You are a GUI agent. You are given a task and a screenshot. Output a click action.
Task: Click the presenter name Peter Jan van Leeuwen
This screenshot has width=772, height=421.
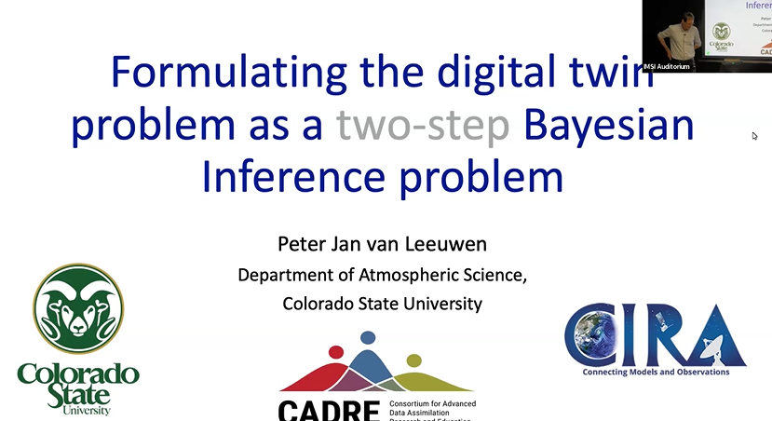pyautogui.click(x=383, y=245)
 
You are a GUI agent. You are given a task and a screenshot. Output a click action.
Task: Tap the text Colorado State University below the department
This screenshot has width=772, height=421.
pyautogui.click(x=383, y=303)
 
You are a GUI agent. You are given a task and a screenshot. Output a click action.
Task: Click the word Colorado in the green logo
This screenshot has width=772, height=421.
pyautogui.click(x=78, y=374)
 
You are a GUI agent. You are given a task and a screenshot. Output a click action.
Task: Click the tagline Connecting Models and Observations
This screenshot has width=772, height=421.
pyautogui.click(x=656, y=372)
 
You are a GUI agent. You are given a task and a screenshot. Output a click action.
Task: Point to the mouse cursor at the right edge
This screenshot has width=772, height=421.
pyautogui.click(x=755, y=136)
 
